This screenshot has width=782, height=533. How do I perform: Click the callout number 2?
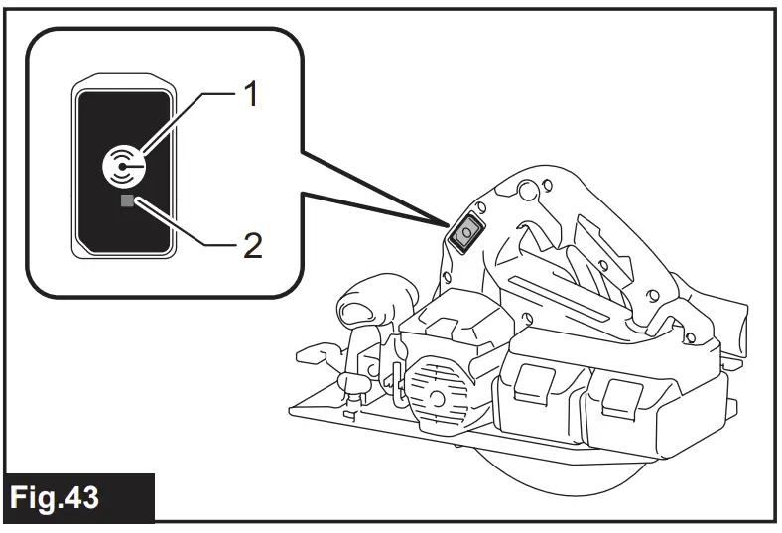click(x=252, y=245)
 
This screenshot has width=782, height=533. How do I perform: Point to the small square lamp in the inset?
click(x=126, y=201)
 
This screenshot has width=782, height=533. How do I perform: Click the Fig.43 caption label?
click(x=62, y=495)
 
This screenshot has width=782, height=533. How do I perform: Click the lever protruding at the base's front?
click(x=315, y=352)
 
